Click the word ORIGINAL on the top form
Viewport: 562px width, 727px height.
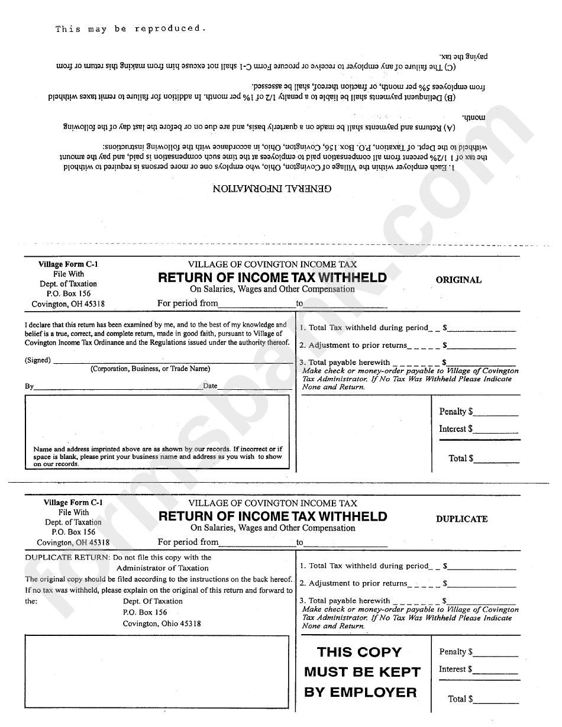(458, 280)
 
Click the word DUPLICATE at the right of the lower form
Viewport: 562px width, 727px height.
(461, 519)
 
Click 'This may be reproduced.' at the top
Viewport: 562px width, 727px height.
(131, 28)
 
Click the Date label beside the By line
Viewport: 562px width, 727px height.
(210, 386)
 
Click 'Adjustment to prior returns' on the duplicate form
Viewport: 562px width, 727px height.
(358, 583)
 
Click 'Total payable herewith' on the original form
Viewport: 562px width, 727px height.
(349, 362)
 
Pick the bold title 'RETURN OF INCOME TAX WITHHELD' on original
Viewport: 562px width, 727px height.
(272, 277)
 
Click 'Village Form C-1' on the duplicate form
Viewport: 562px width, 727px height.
(73, 503)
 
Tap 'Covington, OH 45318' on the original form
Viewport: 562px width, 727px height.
(68, 304)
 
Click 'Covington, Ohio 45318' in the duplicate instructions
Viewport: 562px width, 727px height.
(162, 623)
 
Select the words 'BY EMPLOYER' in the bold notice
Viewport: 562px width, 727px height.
(360, 692)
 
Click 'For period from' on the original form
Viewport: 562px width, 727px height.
(188, 303)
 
